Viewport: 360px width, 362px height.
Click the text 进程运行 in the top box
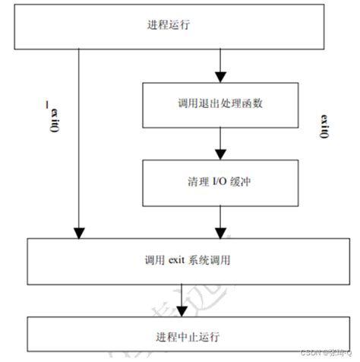tap(169, 25)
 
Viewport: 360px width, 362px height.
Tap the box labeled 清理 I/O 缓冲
tap(219, 183)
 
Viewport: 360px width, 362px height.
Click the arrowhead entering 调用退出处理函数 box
tap(219, 77)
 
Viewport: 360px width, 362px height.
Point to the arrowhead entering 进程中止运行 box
tap(181, 307)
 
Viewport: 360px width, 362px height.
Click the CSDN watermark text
tap(327, 354)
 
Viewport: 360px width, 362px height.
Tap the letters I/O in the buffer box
tap(219, 183)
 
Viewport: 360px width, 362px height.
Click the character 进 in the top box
tap(152, 25)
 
